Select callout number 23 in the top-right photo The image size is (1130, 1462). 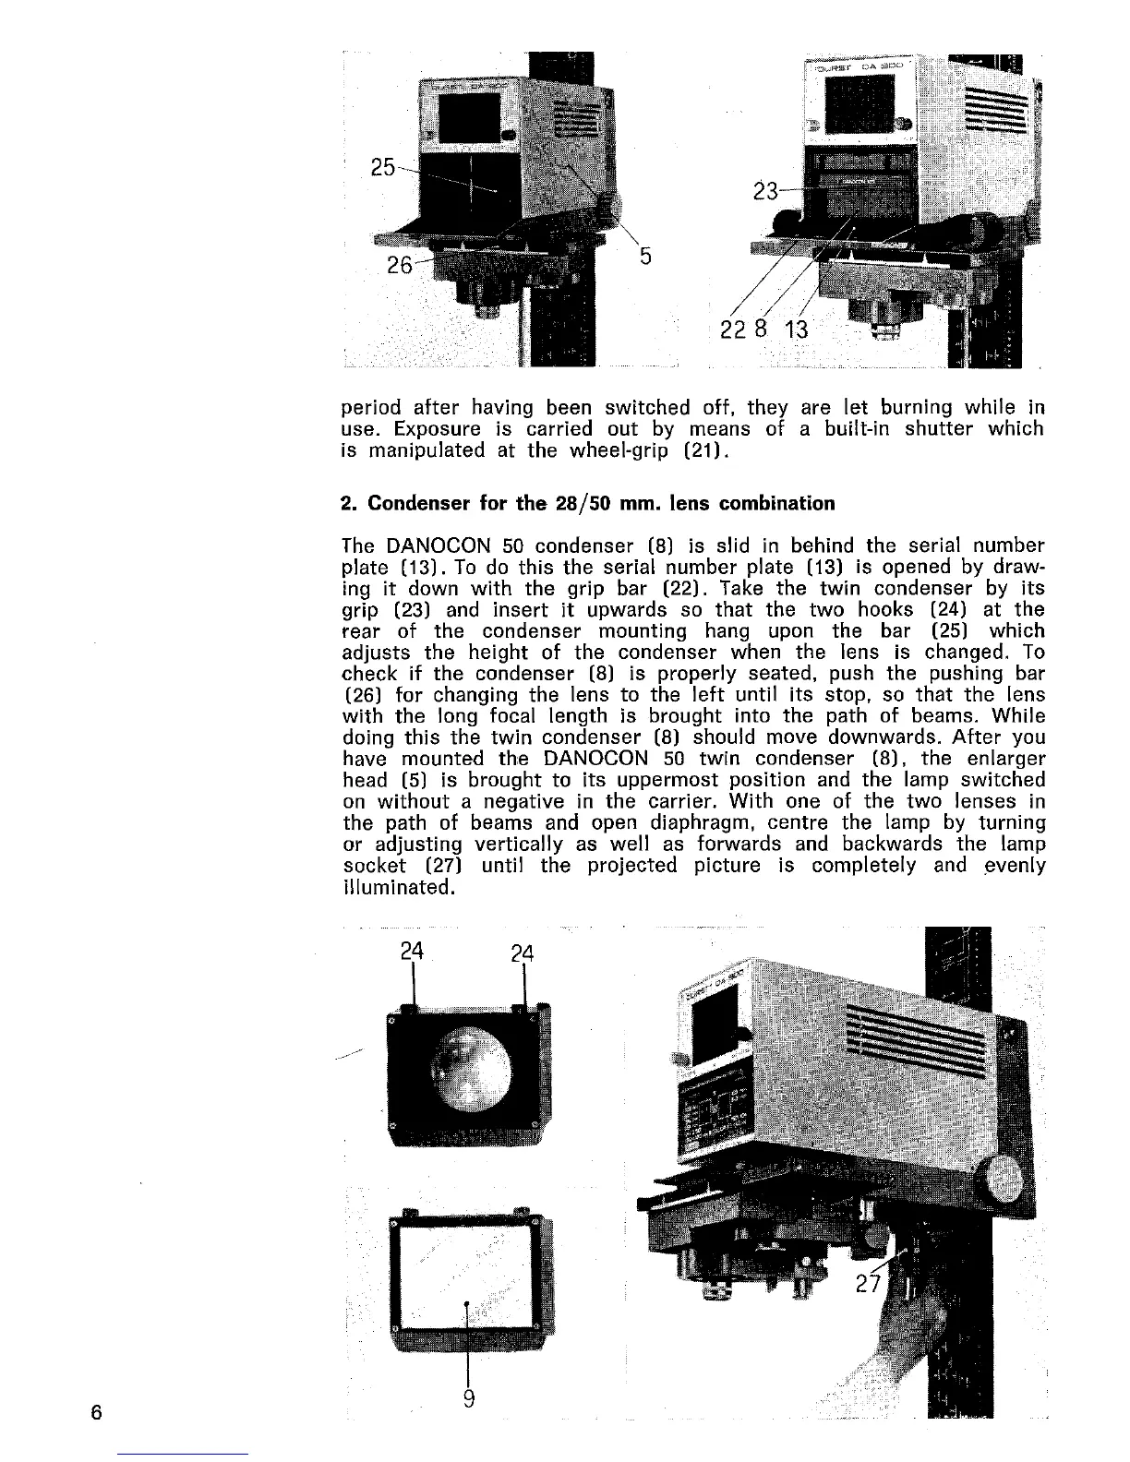(765, 193)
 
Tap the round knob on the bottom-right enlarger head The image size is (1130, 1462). (1000, 1181)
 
